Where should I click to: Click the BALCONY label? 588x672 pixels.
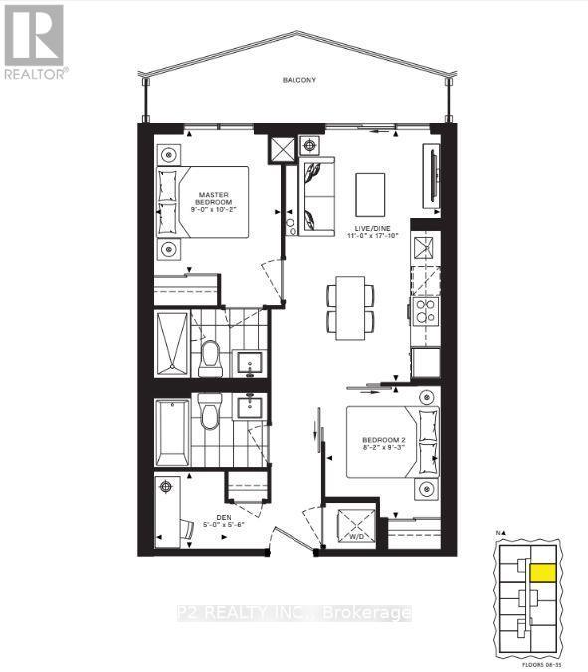click(296, 80)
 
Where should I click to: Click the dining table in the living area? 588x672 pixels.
click(350, 307)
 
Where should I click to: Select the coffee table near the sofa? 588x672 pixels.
click(370, 190)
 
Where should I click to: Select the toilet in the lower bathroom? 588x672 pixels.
click(209, 411)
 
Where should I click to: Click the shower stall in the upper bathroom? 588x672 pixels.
click(171, 344)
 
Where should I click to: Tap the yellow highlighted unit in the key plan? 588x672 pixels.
click(544, 572)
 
